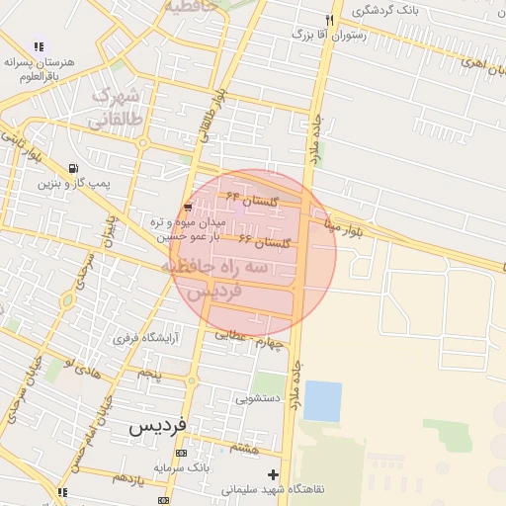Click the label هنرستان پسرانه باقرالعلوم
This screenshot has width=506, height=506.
pos(39,68)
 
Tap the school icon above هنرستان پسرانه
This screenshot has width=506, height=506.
pos(39,45)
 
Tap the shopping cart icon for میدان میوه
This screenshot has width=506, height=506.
pos(188,207)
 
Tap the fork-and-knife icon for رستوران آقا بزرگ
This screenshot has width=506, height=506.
pos(330,20)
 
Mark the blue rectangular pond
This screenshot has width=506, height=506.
pos(322,400)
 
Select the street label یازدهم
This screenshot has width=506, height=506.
pos(129,478)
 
